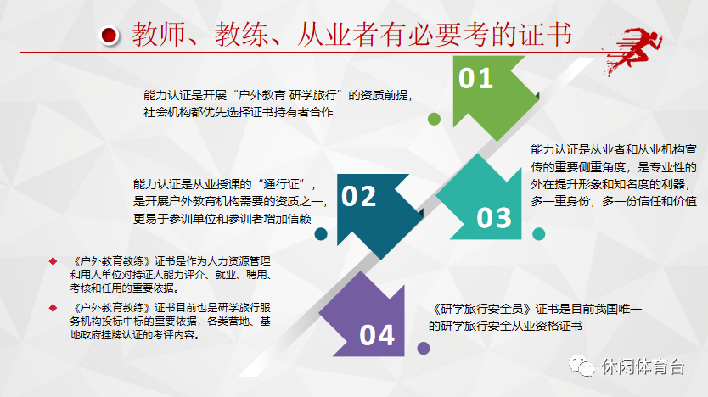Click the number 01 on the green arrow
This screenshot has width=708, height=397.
(x=475, y=79)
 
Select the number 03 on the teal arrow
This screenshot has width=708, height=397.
(x=494, y=218)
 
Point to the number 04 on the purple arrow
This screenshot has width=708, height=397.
(x=377, y=335)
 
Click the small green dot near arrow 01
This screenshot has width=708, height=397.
(x=434, y=119)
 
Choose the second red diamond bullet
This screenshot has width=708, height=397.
(x=53, y=305)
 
